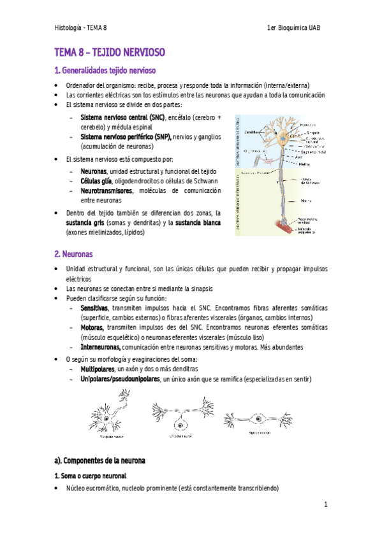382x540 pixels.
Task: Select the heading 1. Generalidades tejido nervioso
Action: tap(105, 70)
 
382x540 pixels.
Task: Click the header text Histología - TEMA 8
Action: tap(80, 28)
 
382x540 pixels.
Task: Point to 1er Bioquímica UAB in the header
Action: tap(297, 28)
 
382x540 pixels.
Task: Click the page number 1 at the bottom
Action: tap(325, 505)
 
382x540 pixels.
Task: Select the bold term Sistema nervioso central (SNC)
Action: tap(122, 118)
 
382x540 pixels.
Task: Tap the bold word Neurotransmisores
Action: tap(107, 190)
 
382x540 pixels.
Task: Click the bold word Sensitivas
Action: tap(93, 307)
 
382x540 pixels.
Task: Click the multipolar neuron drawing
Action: tap(109, 417)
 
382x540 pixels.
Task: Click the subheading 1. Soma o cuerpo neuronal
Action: tap(90, 476)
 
